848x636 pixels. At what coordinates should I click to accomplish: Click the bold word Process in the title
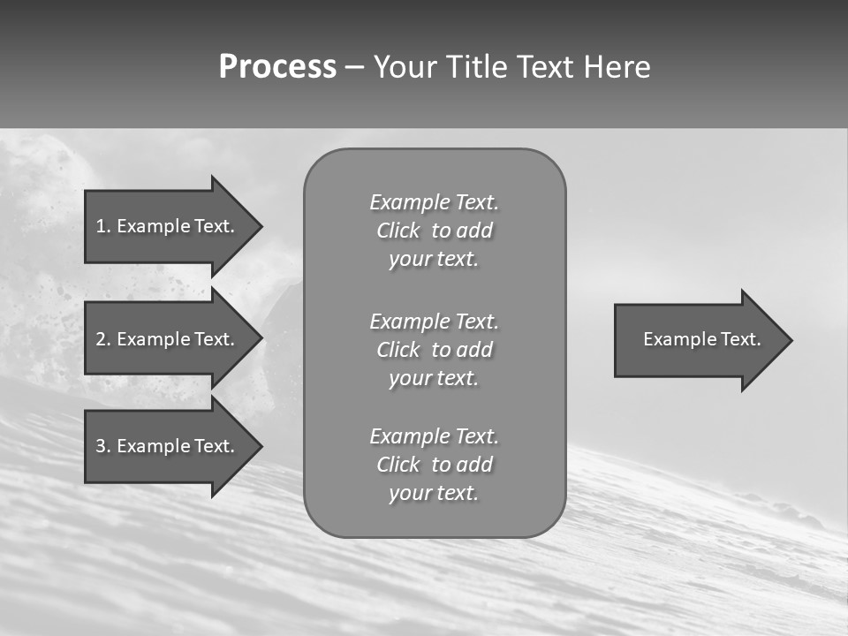277,67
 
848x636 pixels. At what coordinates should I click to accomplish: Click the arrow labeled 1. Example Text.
168,226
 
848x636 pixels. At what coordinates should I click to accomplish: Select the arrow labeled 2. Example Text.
168,339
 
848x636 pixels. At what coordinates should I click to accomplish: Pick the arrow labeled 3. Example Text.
168,446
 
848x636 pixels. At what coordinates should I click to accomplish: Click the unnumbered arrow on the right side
698,340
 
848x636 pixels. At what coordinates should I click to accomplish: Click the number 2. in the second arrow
102,339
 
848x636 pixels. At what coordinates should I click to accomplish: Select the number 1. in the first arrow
102,226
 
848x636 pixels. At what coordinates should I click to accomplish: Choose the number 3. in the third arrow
102,446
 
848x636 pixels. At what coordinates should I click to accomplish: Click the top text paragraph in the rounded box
434,231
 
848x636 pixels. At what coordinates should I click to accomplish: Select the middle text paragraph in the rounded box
434,350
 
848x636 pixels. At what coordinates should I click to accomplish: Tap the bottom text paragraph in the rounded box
434,465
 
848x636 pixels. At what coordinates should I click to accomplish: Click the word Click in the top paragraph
397,231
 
